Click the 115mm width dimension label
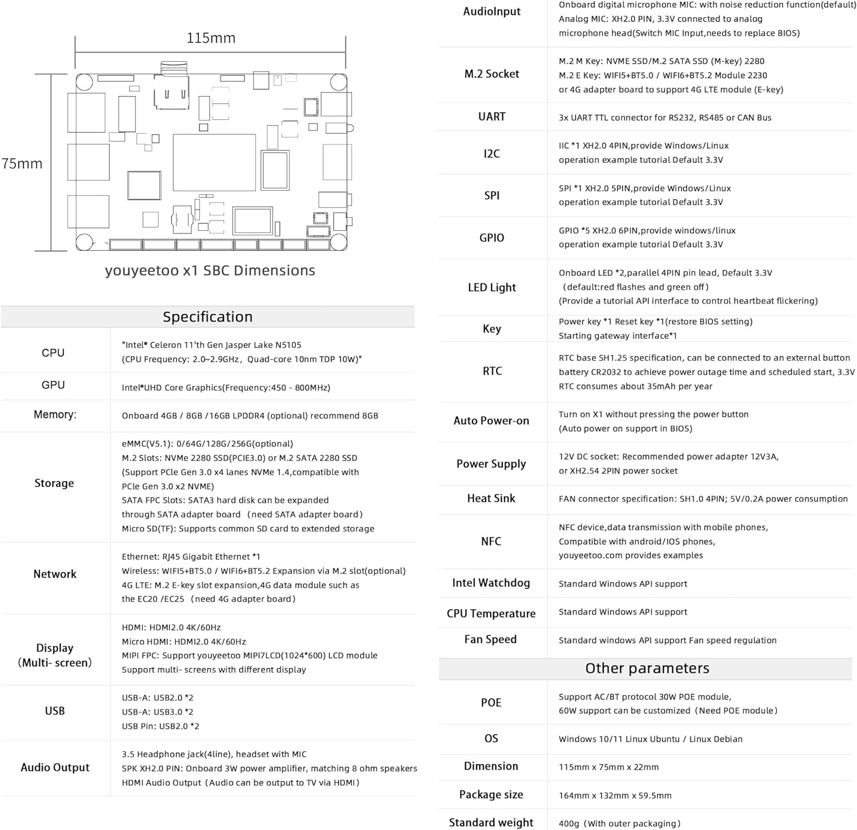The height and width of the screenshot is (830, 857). tap(211, 38)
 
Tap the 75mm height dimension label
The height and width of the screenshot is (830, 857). tap(22, 164)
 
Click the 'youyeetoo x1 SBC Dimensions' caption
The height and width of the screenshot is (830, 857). tap(210, 271)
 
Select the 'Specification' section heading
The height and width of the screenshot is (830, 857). tap(207, 317)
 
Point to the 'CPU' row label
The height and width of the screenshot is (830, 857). tap(53, 353)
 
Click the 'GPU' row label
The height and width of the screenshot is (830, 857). tap(53, 385)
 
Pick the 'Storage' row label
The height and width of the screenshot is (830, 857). tap(54, 483)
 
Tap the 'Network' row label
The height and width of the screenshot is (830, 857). tap(55, 574)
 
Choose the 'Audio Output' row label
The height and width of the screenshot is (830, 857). tap(55, 768)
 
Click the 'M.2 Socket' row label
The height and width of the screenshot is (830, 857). tap(491, 74)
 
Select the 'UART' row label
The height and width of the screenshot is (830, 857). tap(491, 117)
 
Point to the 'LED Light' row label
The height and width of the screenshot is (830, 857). tap(491, 287)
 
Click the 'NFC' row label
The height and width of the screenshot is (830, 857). tap(491, 541)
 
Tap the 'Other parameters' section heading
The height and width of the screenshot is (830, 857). tap(647, 668)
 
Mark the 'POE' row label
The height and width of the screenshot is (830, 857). tap(491, 703)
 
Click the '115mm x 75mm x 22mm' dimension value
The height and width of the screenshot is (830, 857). tap(608, 767)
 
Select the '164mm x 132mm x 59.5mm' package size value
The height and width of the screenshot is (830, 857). tap(615, 795)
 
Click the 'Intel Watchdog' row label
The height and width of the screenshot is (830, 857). tap(491, 583)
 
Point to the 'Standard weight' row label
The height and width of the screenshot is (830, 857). tap(491, 823)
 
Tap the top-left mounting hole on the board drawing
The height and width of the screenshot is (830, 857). tap(85, 82)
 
